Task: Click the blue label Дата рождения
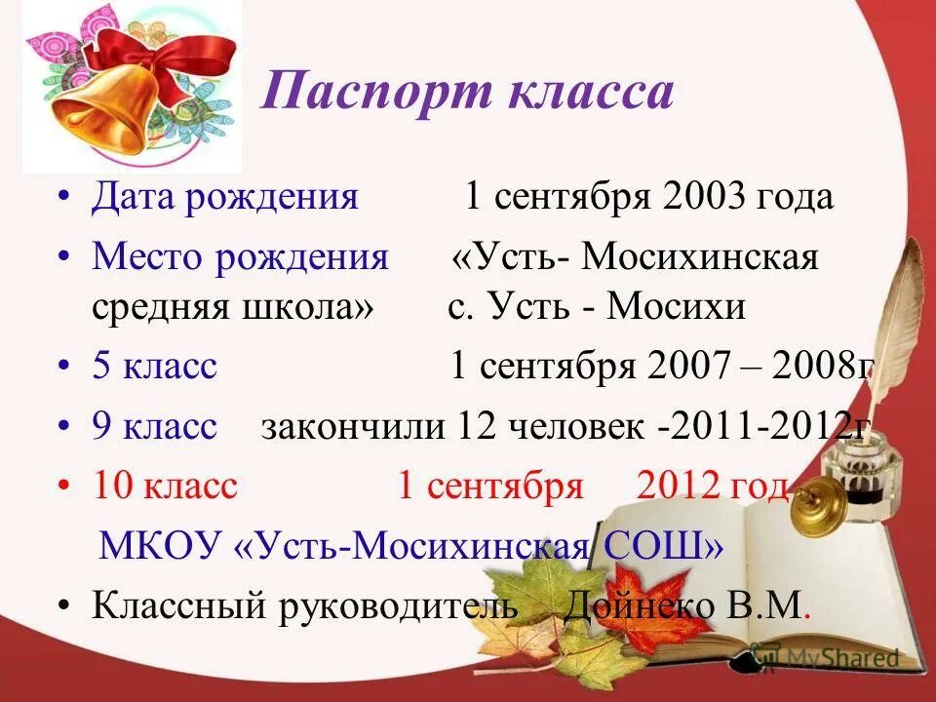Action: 225,198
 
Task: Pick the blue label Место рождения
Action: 240,258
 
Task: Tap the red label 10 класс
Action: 165,486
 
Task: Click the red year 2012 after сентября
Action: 678,486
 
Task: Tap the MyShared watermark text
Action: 842,658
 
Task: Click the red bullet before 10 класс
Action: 64,486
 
